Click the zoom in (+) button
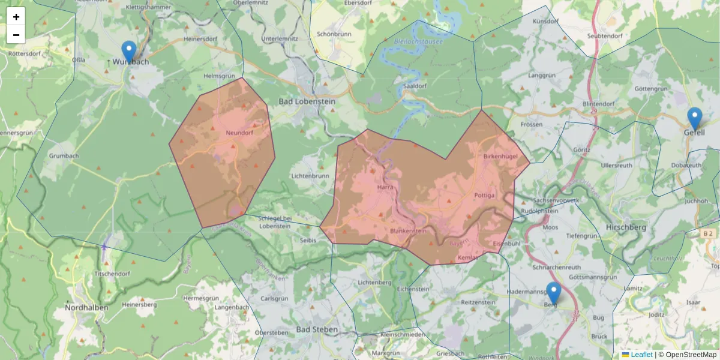tap(16, 17)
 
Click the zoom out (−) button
tap(16, 35)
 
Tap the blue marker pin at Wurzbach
tap(128, 52)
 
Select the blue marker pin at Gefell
tap(695, 118)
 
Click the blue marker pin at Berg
tap(553, 293)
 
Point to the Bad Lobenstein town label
tap(307, 101)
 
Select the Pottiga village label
tap(484, 196)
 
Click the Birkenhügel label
tap(500, 156)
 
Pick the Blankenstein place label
tap(408, 231)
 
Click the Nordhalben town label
tap(86, 308)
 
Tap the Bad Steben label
tap(317, 330)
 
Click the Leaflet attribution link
tap(641, 355)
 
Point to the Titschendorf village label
tap(113, 274)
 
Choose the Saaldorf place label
tap(414, 86)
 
